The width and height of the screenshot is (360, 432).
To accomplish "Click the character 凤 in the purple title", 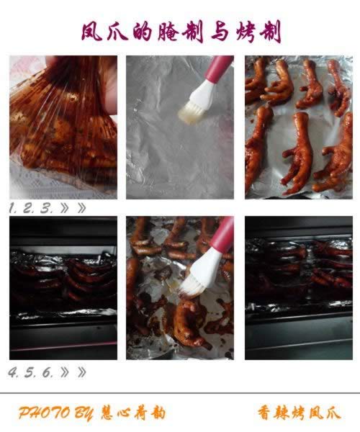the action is (92, 32).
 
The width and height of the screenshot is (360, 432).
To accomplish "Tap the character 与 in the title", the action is (220, 32).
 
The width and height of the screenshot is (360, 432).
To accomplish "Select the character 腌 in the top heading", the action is (168, 32).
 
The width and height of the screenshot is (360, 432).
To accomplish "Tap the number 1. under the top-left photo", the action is (12, 209).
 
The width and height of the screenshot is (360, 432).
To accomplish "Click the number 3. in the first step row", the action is (46, 209).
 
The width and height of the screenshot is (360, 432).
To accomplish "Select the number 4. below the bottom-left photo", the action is (13, 372).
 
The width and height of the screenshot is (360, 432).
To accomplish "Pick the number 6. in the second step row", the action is (48, 372).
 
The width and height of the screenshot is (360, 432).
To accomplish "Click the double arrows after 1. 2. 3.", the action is (73, 209).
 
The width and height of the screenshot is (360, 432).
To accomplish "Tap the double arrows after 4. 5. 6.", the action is (73, 372).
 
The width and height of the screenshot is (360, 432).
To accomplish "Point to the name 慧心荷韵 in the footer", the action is (133, 413).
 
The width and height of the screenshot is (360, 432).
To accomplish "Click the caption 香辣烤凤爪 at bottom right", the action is (299, 413).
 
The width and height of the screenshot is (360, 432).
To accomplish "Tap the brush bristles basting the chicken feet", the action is (192, 288).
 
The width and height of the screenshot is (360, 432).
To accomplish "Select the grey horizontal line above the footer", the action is (180, 393).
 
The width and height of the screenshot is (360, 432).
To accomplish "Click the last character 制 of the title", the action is (270, 32).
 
